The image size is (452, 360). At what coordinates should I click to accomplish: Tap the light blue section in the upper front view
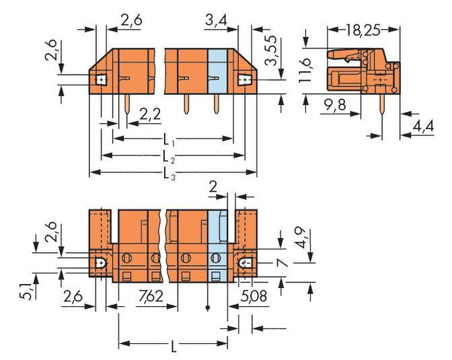click(x=218, y=71)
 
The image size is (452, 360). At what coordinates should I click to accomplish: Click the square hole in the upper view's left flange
click(x=100, y=80)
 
